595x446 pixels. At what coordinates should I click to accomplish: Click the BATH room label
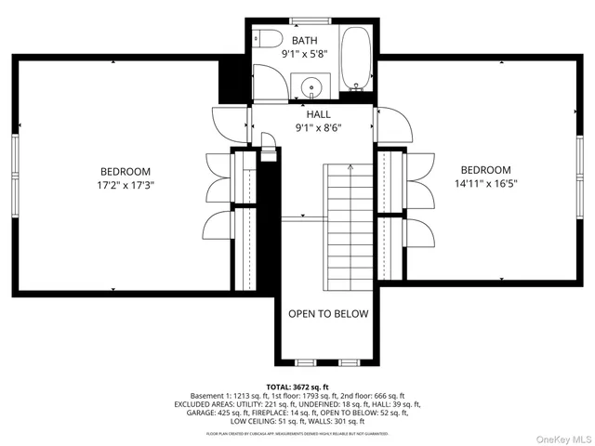click(305, 41)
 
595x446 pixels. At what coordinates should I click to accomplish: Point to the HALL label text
click(306, 114)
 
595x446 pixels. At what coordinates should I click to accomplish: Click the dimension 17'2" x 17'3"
click(126, 185)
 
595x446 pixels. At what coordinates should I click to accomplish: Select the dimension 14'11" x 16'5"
click(485, 183)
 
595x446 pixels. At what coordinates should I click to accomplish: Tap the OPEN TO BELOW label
click(327, 314)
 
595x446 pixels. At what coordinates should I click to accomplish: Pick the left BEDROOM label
click(126, 171)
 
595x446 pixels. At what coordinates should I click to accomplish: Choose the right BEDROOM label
click(485, 169)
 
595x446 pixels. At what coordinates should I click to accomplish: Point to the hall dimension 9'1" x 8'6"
click(306, 128)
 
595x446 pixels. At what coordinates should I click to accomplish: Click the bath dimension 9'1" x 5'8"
click(305, 55)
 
